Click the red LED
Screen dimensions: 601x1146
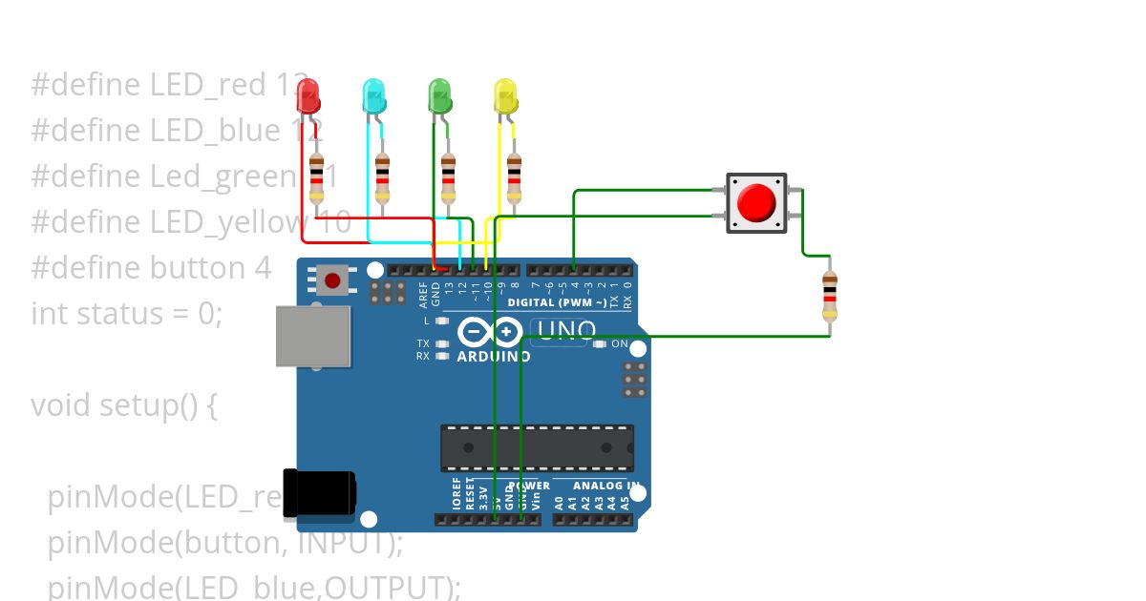coord(308,95)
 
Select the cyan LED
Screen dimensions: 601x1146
coord(374,96)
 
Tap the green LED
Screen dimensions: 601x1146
coord(439,95)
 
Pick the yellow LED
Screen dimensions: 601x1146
coord(505,95)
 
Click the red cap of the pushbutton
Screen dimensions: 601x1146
coord(756,202)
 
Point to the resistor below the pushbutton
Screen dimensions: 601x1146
coord(829,295)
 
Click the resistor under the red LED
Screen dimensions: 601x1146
coord(316,178)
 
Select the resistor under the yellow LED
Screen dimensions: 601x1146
coord(515,178)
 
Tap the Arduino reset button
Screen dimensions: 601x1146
coord(331,280)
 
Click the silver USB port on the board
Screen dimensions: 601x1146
coord(312,337)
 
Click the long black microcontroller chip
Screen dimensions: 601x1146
coord(537,447)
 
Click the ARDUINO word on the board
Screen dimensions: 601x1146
coord(493,356)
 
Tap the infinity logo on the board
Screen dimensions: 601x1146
coord(489,332)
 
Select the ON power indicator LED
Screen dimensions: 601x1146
coord(600,344)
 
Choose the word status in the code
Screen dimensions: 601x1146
coord(119,313)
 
